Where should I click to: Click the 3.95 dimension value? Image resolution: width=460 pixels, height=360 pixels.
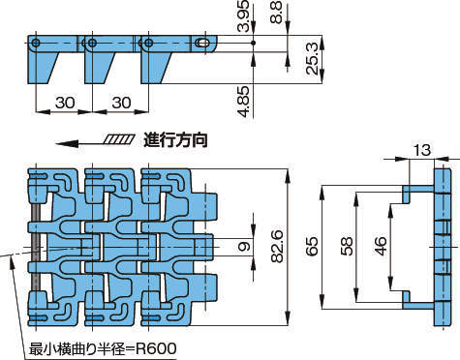pyautogui.click(x=243, y=15)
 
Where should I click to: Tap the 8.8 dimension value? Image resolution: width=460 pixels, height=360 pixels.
pyautogui.click(x=276, y=13)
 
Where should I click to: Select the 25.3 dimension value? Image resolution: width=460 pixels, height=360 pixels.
pyautogui.click(x=313, y=58)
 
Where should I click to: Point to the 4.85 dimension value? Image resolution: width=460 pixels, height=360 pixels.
pyautogui.click(x=243, y=101)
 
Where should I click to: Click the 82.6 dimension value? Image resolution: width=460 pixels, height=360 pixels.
pyautogui.click(x=277, y=246)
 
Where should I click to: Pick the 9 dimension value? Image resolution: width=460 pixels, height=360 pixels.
pyautogui.click(x=244, y=247)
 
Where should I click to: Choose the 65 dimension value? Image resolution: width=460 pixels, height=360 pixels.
pyautogui.click(x=312, y=246)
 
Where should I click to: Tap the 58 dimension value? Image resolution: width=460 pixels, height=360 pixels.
pyautogui.click(x=347, y=246)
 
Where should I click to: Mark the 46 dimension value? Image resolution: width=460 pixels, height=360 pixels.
pyautogui.click(x=382, y=246)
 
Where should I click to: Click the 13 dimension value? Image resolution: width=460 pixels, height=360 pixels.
pyautogui.click(x=422, y=150)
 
